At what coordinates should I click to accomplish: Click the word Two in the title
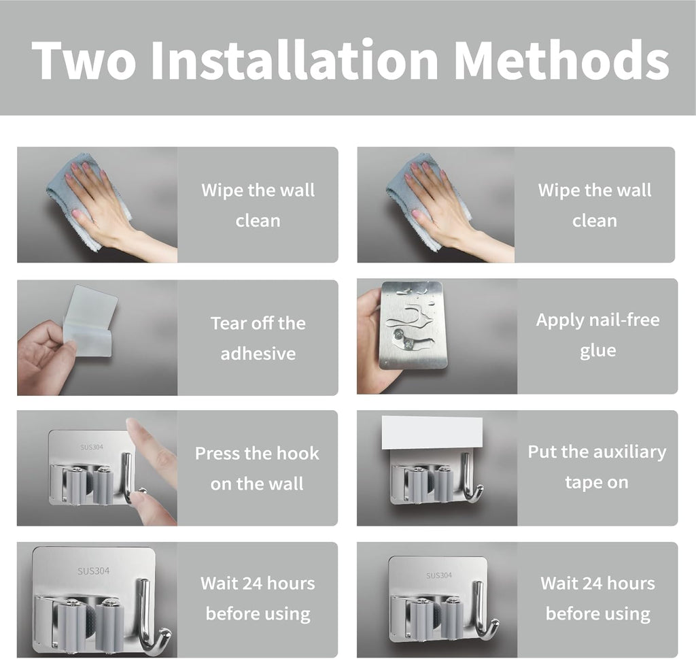tap(84, 59)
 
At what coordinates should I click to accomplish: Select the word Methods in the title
tap(561, 59)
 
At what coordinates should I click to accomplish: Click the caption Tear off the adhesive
tap(258, 338)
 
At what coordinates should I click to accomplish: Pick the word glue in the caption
tap(597, 351)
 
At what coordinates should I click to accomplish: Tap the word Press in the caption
tap(217, 454)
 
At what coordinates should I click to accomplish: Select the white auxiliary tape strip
tap(432, 433)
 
